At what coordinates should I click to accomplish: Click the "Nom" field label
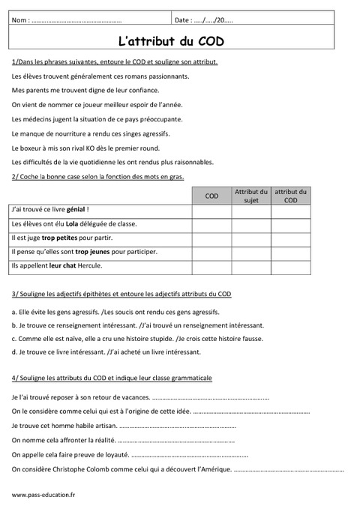click(19, 20)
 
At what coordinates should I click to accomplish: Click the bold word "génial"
click(74, 209)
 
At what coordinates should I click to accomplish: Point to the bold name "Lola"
click(72, 223)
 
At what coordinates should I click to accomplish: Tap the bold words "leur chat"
click(61, 265)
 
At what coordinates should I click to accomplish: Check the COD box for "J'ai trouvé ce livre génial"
click(212, 210)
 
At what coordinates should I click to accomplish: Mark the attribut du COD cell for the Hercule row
click(291, 265)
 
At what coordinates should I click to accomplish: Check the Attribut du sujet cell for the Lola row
click(251, 223)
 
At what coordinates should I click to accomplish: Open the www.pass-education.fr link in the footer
click(43, 496)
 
